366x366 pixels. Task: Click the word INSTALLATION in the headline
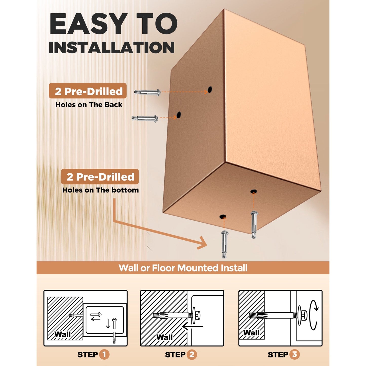coord(112,47)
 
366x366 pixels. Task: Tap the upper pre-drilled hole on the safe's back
coord(210,89)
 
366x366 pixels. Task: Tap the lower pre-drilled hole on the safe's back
coord(179,115)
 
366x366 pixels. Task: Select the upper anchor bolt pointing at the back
coord(147,92)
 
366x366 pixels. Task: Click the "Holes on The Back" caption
coord(89,105)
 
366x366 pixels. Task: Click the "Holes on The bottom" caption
coord(101,190)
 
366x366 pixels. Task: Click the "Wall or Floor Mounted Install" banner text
coord(183,268)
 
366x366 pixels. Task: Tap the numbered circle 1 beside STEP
coord(104,355)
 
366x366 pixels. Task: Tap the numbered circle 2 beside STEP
coord(192,355)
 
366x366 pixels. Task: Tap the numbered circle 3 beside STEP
coord(295,354)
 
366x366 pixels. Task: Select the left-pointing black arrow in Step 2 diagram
coord(192,326)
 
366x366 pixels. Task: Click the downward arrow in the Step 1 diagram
coord(108,324)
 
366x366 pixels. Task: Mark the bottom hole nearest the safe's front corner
coord(223,216)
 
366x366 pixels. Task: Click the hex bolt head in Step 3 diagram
coord(304,316)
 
